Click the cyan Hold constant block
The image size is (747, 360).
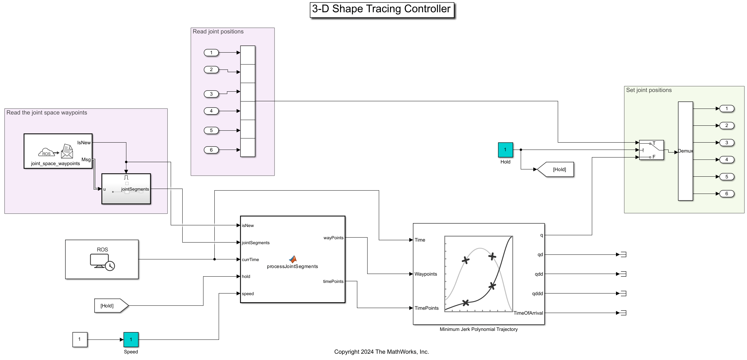click(x=505, y=150)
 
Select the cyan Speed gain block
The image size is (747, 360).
click(x=131, y=339)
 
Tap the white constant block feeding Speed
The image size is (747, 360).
click(x=80, y=339)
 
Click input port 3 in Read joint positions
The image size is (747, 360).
click(x=211, y=94)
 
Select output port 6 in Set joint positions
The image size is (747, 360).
click(x=726, y=194)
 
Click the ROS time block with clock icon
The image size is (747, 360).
click(x=102, y=259)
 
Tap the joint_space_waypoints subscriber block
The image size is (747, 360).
click(x=58, y=151)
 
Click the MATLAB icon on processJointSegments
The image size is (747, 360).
click(x=293, y=259)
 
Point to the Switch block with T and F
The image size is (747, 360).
click(x=651, y=150)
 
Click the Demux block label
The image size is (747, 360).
click(x=685, y=151)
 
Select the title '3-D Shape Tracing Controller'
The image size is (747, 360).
click(x=381, y=9)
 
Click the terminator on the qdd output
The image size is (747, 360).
click(x=623, y=274)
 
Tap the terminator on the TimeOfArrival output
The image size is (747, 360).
click(x=623, y=313)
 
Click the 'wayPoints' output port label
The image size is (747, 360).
click(x=333, y=238)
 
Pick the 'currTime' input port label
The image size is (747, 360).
click(x=250, y=260)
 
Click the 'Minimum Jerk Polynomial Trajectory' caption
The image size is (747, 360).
click(x=478, y=329)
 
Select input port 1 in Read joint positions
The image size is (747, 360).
click(x=211, y=53)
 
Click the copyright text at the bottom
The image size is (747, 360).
click(x=381, y=352)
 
